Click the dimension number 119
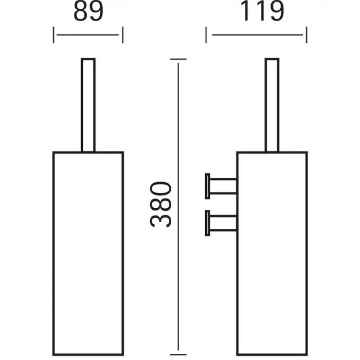[262, 11]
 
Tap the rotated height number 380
[160, 204]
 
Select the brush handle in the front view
[88, 105]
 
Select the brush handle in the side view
[272, 105]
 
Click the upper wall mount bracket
[221, 186]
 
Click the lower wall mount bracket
[221, 223]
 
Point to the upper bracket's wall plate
[207, 186]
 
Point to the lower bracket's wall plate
[207, 223]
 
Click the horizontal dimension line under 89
[87, 35]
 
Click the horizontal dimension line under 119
[257, 35]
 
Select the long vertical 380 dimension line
[178, 210]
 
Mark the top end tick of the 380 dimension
[178, 59]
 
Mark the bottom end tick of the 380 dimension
[178, 355]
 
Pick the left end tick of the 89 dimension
[53, 35]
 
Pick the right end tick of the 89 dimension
[123, 35]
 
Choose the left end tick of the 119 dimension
[206, 35]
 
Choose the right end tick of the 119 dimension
[307, 35]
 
